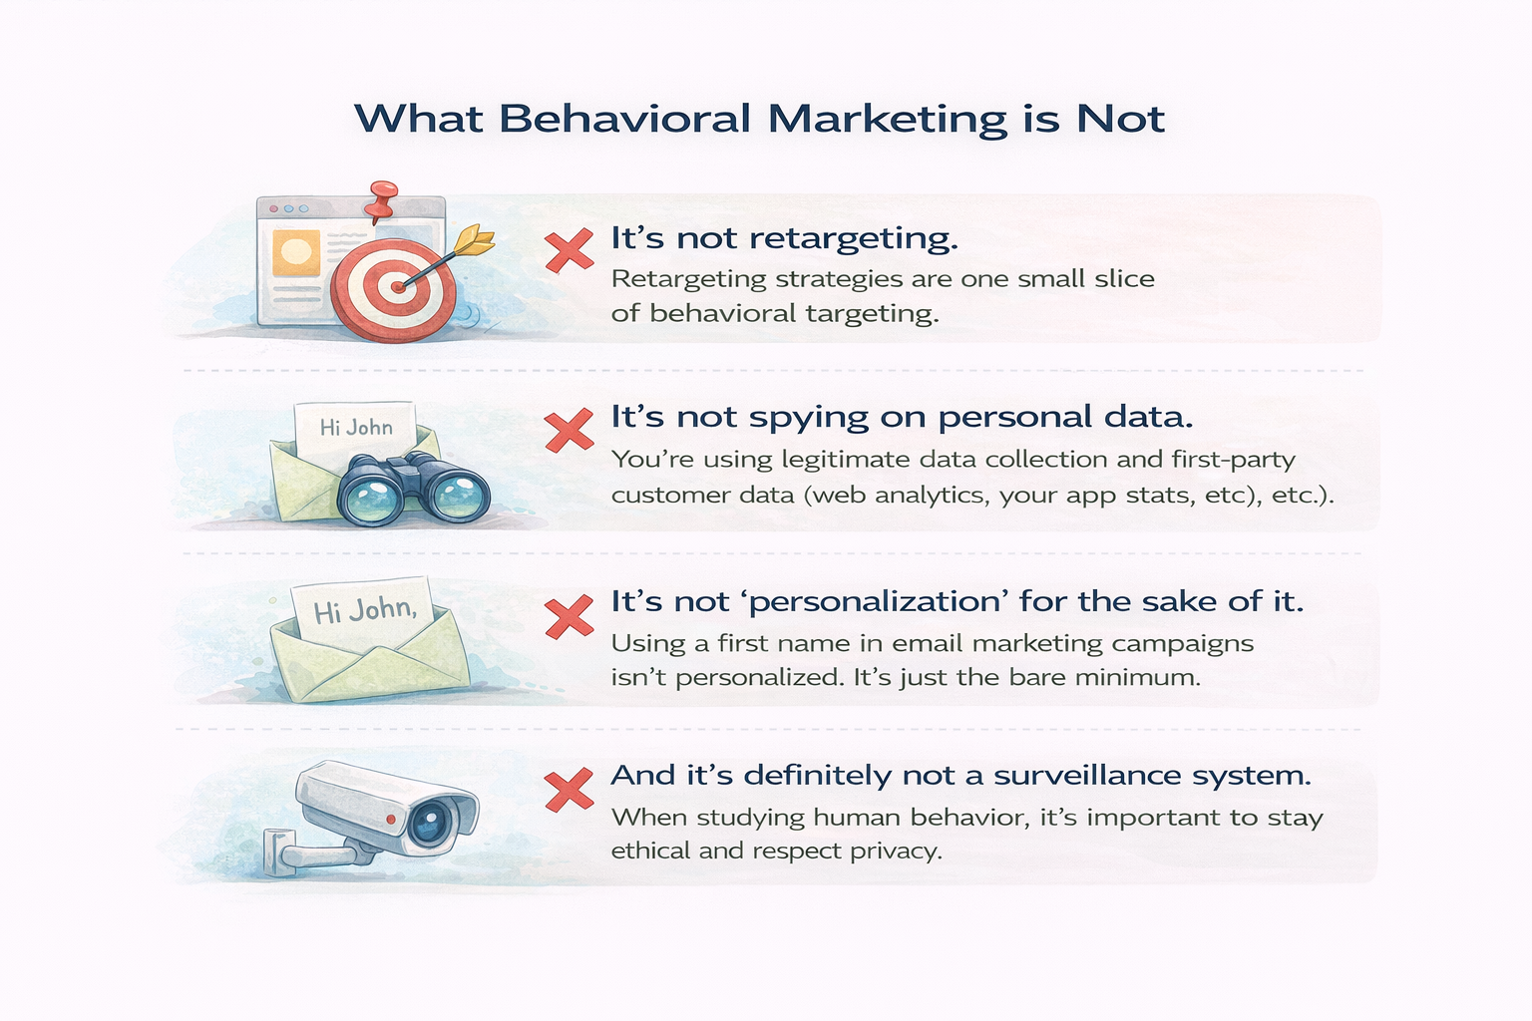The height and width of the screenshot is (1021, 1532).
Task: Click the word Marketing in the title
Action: (887, 120)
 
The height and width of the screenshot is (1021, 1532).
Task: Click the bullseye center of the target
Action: (397, 286)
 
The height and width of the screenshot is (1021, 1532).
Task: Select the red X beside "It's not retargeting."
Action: (570, 249)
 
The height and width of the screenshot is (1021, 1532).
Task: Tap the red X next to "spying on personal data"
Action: (570, 431)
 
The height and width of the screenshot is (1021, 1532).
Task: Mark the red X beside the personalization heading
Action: (570, 616)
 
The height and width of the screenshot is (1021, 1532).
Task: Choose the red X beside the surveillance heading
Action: (570, 790)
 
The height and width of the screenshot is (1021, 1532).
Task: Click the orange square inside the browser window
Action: (296, 252)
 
